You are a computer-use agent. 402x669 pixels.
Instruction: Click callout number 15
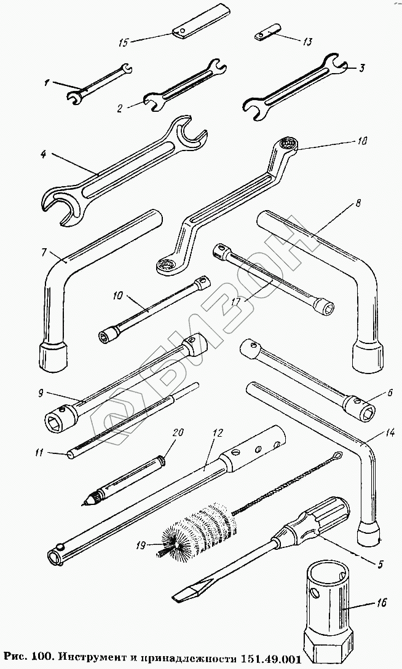coord(122,42)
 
